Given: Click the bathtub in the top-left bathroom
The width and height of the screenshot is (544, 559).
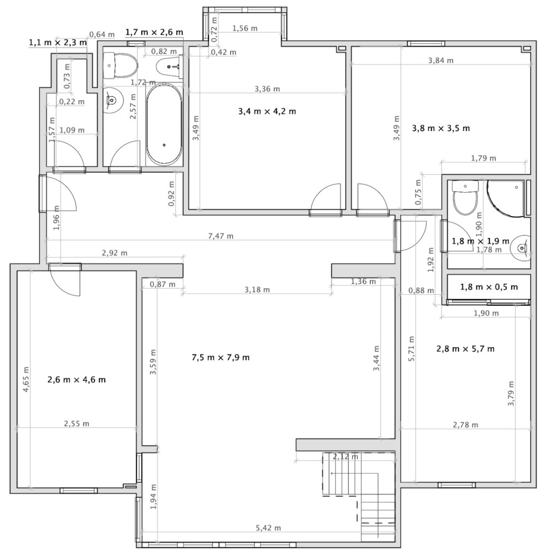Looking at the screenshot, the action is point(164,125).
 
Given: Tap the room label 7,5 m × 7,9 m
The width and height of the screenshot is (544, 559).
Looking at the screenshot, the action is point(220,357).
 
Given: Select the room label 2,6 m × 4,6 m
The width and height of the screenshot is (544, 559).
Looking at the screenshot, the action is point(76,380).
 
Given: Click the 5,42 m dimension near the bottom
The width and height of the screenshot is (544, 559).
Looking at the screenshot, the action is point(268,528).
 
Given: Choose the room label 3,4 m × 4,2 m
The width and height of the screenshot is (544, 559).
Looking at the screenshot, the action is point(267,111).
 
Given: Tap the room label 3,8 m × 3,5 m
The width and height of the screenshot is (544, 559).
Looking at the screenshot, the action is point(441,128).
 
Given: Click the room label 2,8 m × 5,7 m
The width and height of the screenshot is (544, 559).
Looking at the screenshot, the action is point(465,349).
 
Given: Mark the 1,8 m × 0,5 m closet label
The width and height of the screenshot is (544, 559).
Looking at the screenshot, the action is point(489,287).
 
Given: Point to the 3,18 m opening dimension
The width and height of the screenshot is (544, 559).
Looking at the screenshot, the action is point(257,290).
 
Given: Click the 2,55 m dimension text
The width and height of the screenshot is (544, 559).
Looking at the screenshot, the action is point(76,424).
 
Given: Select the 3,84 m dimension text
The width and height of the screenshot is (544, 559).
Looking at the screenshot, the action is point(441,60).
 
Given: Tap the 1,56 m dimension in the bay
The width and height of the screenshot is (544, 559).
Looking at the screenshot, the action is point(245,28).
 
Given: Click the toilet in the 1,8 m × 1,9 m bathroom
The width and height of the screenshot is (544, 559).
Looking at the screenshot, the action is point(465,197).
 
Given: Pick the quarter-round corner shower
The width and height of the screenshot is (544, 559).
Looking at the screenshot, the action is point(505,198).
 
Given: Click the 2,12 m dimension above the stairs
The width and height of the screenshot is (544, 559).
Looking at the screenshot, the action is point(345,456).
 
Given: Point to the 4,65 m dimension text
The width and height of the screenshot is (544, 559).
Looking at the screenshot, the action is point(26,379).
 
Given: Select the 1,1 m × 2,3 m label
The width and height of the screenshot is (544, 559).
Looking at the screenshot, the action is point(58,43).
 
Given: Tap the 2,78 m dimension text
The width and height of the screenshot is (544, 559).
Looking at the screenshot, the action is point(465,425).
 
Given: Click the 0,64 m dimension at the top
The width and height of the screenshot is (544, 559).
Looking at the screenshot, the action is point(102,34).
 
